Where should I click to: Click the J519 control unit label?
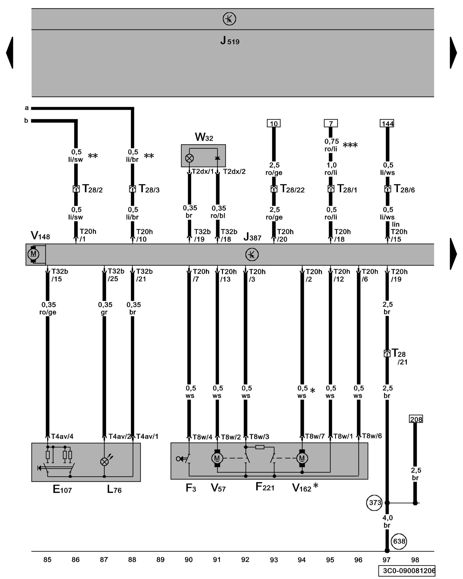pos(230,41)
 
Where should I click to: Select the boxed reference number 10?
pos(273,124)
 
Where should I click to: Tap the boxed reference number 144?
pos(387,124)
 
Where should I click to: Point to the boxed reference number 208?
pos(416,419)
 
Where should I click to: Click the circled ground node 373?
pos(375,503)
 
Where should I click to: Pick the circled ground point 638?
pos(399,541)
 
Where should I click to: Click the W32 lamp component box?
pos(203,156)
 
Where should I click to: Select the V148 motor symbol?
pos(33,254)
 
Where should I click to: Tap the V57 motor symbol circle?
pos(217,458)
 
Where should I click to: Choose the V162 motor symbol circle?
pos(302,458)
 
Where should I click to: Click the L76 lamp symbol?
pos(104,462)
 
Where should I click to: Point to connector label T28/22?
pos(292,189)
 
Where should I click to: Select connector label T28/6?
pos(404,189)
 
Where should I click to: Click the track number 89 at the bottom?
pos(160,560)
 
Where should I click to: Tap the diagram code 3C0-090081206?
pos(407,571)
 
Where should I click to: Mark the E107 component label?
pos(62,489)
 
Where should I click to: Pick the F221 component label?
pos(265,487)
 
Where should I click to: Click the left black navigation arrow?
pos(10,53)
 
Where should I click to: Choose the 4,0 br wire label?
pos(387,521)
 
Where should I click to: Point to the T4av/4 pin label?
pos(62,436)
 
